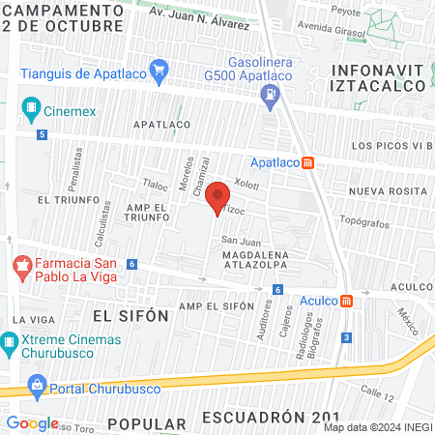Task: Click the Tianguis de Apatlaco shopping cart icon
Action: [159, 70]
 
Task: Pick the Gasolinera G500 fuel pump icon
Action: [270, 94]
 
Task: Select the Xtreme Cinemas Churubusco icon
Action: [11, 340]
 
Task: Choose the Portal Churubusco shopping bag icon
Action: [38, 385]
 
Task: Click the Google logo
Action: [32, 422]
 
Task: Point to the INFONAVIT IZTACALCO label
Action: [378, 77]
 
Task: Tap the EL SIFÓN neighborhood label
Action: [130, 315]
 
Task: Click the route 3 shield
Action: [347, 336]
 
